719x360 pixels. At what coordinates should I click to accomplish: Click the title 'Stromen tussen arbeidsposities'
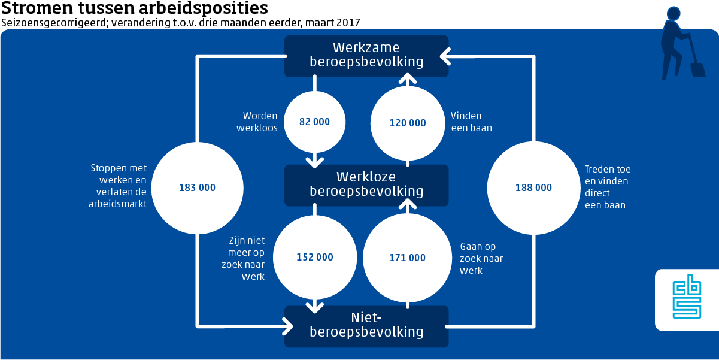point(135,8)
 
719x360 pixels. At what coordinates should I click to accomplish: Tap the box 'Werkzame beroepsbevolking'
point(366,55)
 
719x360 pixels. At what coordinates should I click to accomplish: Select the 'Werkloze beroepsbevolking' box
point(366,184)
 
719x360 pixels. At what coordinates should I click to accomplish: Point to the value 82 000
point(314,122)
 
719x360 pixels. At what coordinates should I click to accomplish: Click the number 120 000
point(407,123)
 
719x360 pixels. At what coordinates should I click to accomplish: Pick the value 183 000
point(197,187)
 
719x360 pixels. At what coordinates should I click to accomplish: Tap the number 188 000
point(533,187)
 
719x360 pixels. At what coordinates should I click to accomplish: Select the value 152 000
point(315,258)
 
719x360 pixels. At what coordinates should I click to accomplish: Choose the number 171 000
point(407,258)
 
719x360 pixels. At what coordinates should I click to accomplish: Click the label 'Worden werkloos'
point(260,122)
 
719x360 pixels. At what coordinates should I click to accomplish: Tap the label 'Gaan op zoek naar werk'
point(481,258)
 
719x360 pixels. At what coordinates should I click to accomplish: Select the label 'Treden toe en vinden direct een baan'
point(607,187)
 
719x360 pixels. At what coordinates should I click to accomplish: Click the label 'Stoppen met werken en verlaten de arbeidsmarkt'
point(119,186)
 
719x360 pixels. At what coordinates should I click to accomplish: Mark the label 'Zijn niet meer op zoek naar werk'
point(247,258)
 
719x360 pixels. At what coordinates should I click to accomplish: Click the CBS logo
point(686,299)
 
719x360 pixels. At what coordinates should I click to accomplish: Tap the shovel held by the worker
point(697,63)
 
